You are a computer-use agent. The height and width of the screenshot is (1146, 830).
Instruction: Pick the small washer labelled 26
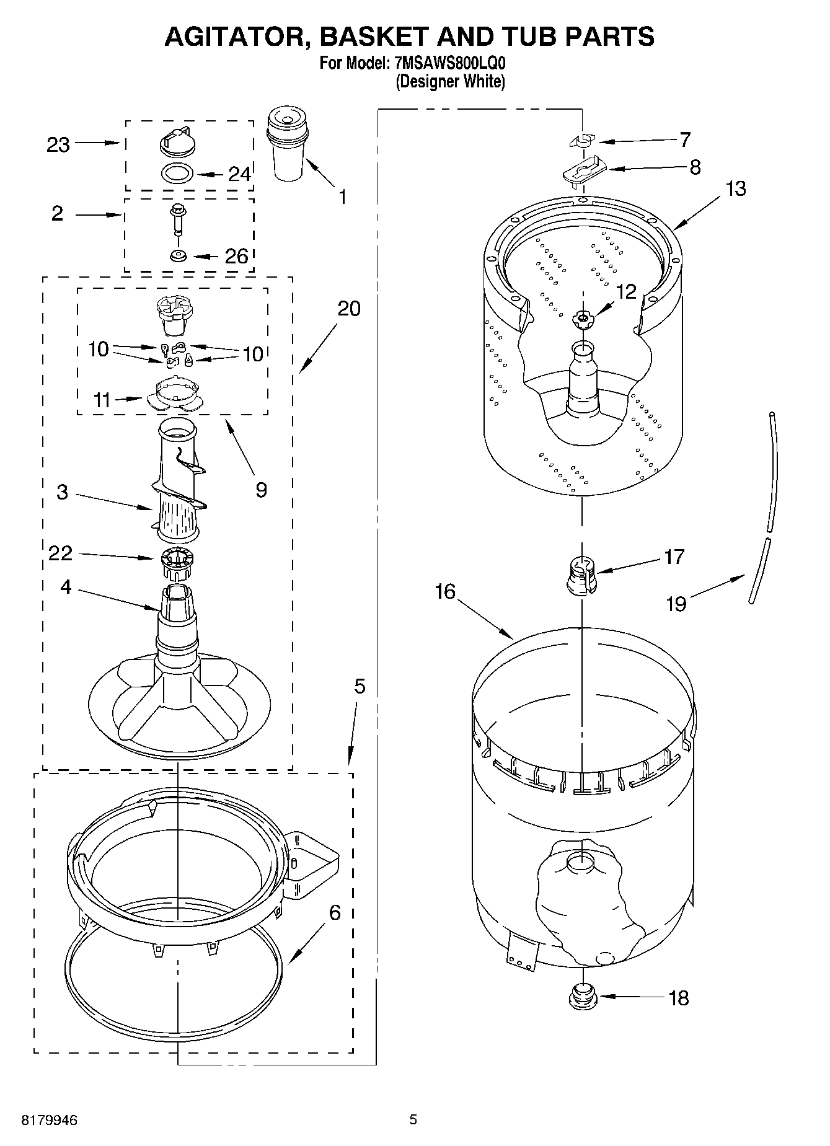pos(179,255)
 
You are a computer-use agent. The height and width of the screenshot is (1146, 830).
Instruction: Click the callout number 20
pos(349,308)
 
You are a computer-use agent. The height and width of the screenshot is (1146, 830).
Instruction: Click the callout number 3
pos(62,493)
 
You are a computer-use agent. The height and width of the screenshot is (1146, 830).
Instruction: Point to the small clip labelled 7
pos(581,141)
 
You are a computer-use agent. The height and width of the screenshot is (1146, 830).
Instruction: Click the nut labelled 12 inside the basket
pos(581,318)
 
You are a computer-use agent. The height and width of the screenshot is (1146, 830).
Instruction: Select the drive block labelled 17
pos(581,575)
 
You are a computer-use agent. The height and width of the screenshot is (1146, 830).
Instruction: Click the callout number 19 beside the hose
pos(676,603)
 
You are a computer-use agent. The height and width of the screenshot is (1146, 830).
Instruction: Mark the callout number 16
pos(444,592)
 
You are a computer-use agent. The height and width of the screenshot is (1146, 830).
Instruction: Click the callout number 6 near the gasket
pos(334,912)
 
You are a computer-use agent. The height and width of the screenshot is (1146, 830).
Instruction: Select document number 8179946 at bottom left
pos(50,1121)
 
